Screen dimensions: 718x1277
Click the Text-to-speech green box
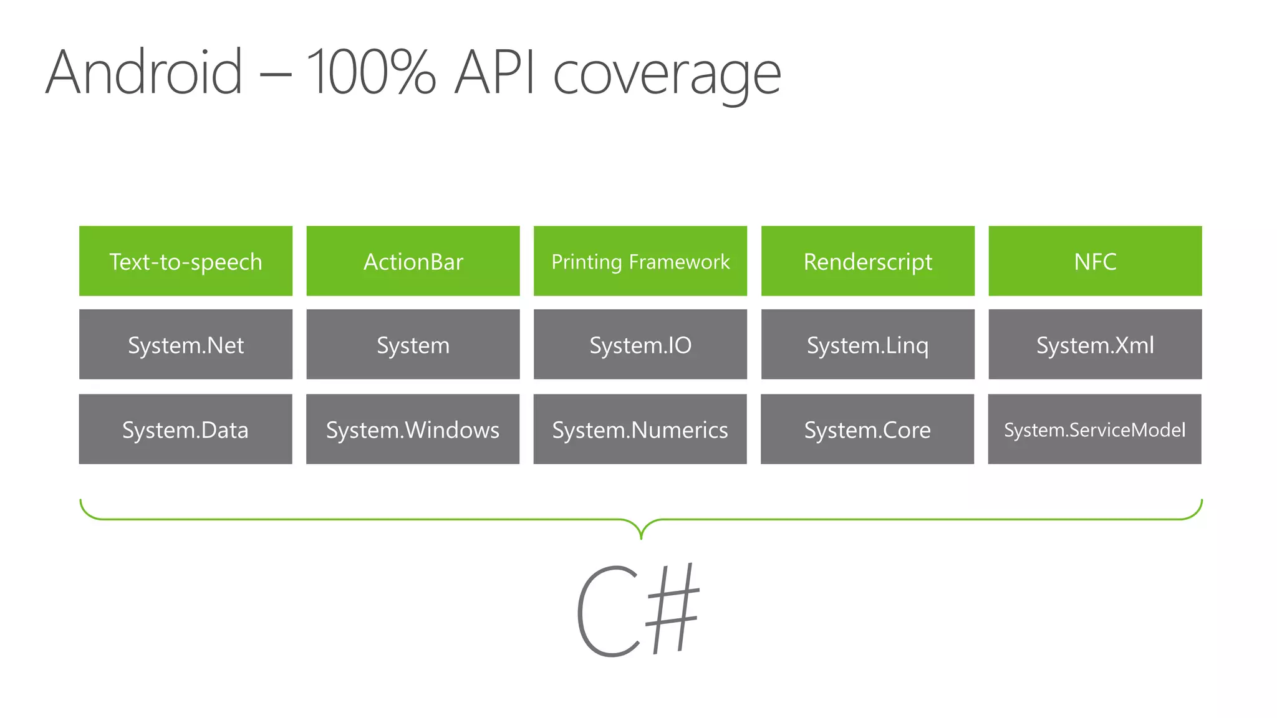point(186,261)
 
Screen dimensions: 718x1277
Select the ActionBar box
point(413,261)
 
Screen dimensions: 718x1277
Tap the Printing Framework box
point(640,261)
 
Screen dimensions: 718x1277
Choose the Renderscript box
point(868,261)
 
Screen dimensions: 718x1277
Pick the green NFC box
point(1095,261)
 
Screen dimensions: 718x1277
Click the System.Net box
point(186,345)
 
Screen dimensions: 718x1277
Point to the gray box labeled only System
point(413,345)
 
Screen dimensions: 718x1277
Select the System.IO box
point(640,345)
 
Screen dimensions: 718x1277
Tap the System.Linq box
point(868,345)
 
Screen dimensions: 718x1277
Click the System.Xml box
point(1095,345)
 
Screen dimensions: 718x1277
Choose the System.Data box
point(186,429)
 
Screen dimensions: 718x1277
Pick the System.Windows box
point(413,429)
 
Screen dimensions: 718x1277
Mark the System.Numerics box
point(640,429)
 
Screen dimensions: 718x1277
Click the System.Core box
point(867,429)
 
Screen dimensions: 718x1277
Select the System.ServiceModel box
point(1095,429)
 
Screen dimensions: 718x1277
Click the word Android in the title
point(144,73)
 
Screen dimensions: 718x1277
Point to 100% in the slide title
point(371,73)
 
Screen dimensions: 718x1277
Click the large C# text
point(637,611)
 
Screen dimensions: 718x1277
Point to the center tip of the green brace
point(641,537)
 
